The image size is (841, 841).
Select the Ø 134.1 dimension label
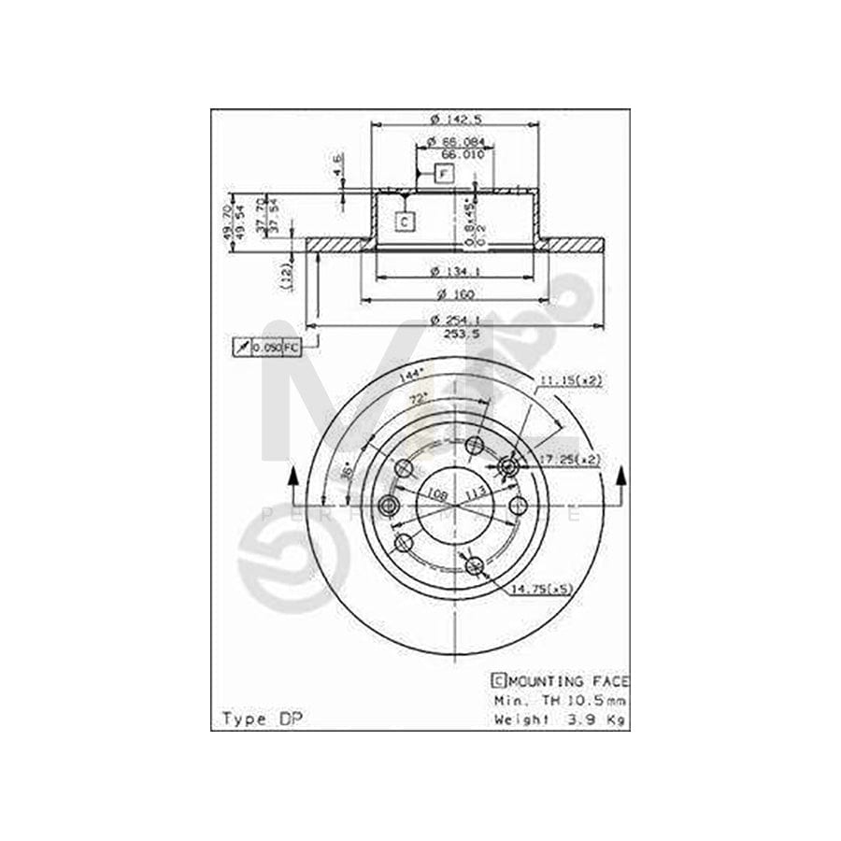(456, 272)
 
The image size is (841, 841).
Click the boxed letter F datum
(443, 174)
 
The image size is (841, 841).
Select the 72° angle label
(420, 399)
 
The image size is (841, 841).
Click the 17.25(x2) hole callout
(572, 459)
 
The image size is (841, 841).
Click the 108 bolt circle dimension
(435, 493)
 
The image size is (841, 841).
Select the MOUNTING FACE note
(561, 681)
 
